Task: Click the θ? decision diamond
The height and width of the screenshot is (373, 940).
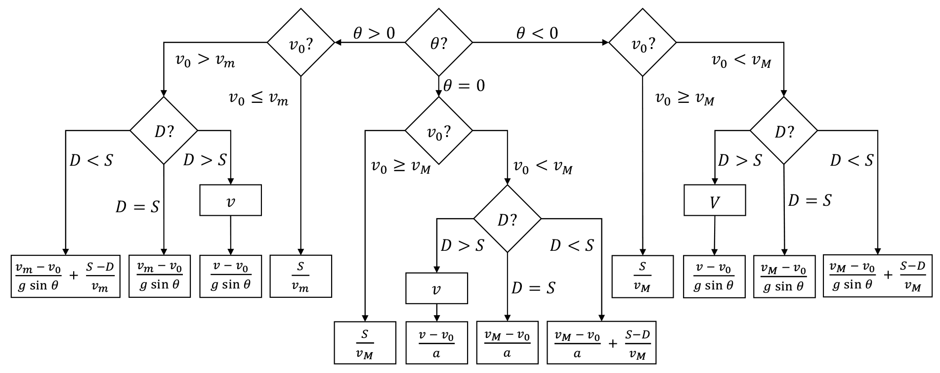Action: tap(438, 43)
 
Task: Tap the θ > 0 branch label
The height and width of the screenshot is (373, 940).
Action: tap(374, 33)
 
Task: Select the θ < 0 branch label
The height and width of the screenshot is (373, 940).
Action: tap(537, 33)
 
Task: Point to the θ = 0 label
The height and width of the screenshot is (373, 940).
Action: tap(464, 86)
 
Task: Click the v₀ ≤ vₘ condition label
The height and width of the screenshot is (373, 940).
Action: tap(258, 98)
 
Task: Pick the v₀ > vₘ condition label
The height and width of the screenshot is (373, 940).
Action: tap(205, 60)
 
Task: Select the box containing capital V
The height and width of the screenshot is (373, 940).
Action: tap(715, 200)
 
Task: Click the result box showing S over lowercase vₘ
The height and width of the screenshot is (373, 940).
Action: tap(300, 276)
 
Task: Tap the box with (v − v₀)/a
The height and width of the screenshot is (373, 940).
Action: tap(436, 343)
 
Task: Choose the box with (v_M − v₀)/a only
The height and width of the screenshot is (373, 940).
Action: tap(507, 343)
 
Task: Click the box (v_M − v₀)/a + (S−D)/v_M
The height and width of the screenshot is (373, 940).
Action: tap(601, 343)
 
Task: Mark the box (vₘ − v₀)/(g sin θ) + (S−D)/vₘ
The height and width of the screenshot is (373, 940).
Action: tap(66, 276)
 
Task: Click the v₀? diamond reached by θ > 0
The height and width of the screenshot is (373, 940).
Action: tap(301, 43)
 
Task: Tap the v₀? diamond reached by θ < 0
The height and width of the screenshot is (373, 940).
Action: tap(642, 43)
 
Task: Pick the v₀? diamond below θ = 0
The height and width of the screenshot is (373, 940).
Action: tap(438, 131)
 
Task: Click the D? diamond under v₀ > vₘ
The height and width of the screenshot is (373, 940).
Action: tap(164, 131)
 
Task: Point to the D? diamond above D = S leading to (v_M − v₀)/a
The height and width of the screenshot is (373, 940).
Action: tap(508, 219)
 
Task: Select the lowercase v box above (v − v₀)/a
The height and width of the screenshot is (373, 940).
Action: tap(436, 288)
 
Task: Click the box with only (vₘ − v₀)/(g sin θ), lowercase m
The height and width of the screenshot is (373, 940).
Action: tap(160, 276)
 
